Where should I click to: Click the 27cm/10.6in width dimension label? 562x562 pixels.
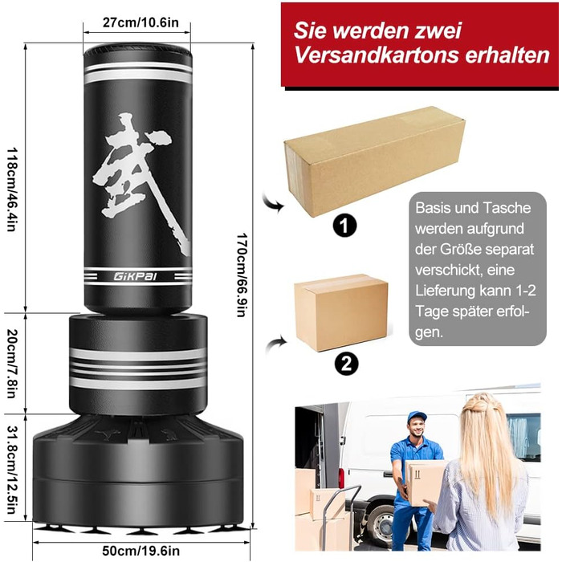coord(140,22)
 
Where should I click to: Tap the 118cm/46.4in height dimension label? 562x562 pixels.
coord(11,189)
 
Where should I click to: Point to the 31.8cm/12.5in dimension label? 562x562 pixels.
coord(11,469)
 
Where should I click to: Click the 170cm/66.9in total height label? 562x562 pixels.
coord(242,275)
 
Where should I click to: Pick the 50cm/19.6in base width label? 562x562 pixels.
coord(140,551)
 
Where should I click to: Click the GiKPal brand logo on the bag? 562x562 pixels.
coord(136,277)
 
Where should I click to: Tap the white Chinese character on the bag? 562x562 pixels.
coord(140,183)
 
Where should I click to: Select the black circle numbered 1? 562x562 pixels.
coord(344,226)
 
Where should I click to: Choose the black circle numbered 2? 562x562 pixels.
coord(346,364)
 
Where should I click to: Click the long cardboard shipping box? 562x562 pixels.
coord(374,162)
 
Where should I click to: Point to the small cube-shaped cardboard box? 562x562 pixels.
coord(341,312)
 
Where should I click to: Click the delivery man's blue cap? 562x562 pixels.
coord(417,417)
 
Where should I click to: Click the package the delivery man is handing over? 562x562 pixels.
coord(426,483)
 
